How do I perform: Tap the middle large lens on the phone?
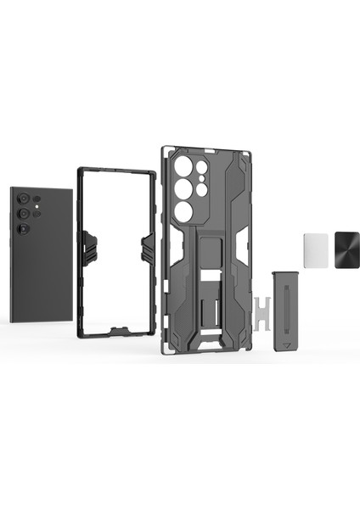pos(25,213)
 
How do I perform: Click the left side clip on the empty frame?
pos(87,247)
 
